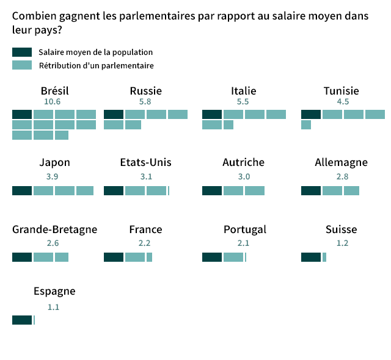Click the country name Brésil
click(54, 92)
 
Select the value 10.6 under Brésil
click(53, 102)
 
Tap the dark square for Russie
click(114, 114)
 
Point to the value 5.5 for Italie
click(243, 102)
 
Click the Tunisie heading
click(341, 92)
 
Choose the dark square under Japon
click(22, 190)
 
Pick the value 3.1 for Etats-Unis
click(145, 177)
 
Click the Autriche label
click(243, 162)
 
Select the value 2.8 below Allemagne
click(342, 177)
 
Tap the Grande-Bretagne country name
click(54, 229)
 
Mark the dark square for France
click(114, 257)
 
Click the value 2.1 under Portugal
click(243, 243)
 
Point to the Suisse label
click(341, 229)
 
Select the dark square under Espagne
click(22, 320)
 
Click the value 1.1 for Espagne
click(53, 307)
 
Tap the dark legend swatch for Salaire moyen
click(21, 52)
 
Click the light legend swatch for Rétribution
click(21, 65)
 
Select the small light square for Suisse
click(324, 257)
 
